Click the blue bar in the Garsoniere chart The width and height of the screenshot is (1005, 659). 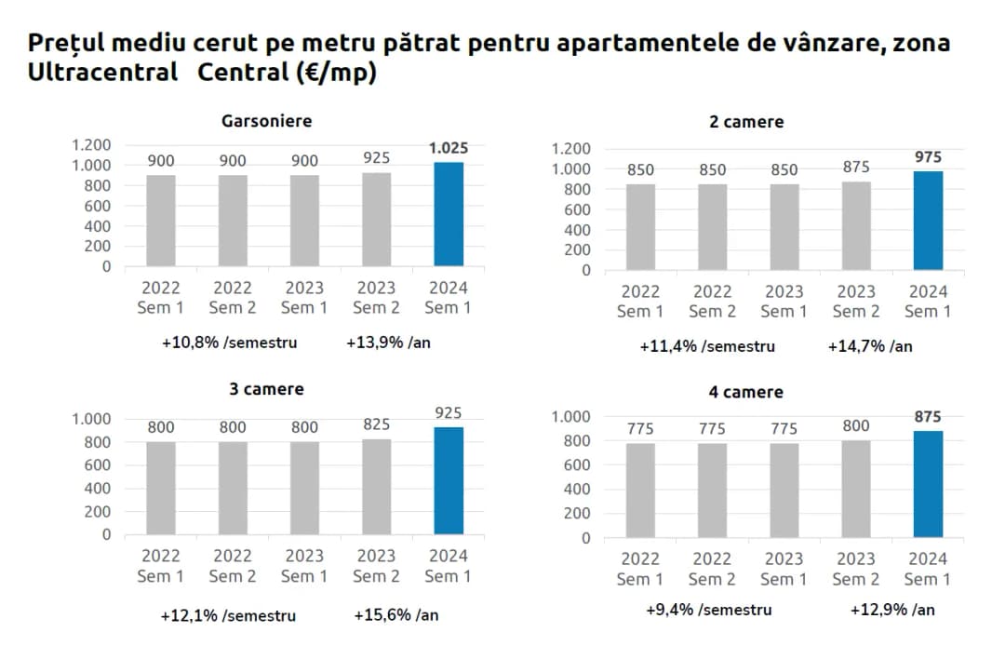448,214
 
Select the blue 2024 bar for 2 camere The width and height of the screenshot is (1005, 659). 928,221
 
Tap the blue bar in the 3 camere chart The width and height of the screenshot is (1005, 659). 448,480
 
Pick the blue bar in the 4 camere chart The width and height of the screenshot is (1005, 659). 928,484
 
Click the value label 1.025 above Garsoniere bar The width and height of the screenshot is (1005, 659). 449,148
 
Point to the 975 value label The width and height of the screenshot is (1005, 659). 928,157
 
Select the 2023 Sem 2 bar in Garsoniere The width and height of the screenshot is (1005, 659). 376,219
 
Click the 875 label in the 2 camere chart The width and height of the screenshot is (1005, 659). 856,167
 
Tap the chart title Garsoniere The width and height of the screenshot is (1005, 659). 266,121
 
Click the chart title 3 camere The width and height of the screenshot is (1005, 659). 266,389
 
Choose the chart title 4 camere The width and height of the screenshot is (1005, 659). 745,393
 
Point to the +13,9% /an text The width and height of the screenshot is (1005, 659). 388,343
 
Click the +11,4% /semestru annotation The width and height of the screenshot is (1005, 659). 707,346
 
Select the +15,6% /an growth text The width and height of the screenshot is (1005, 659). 396,615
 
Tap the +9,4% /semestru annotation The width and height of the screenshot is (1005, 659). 709,611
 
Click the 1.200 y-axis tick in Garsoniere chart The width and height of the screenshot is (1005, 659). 92,144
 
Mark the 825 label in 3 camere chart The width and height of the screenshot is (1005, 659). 376,424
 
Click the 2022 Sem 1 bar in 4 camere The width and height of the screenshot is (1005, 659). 640,491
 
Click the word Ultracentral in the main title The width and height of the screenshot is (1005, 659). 102,74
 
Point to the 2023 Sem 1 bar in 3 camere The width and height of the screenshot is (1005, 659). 304,488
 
